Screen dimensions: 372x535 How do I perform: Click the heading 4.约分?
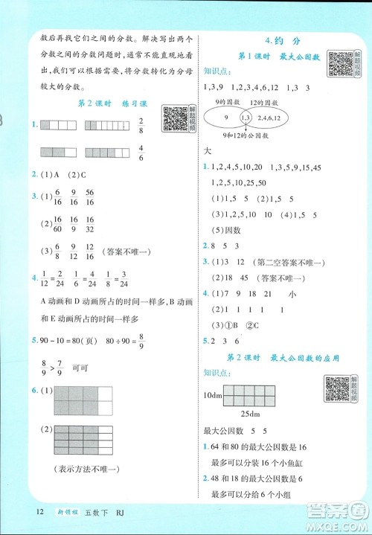[x=276, y=39]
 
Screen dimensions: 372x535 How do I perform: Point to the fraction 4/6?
[x=141, y=153]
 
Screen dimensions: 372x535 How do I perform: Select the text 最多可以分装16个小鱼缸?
[x=251, y=461]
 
